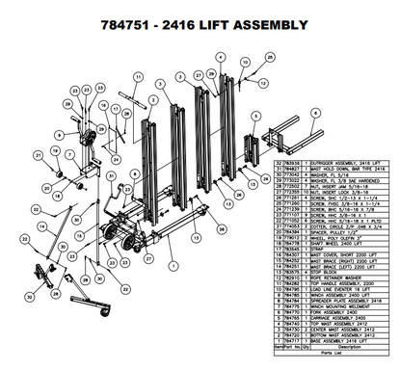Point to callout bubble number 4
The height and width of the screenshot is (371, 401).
(222, 57)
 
